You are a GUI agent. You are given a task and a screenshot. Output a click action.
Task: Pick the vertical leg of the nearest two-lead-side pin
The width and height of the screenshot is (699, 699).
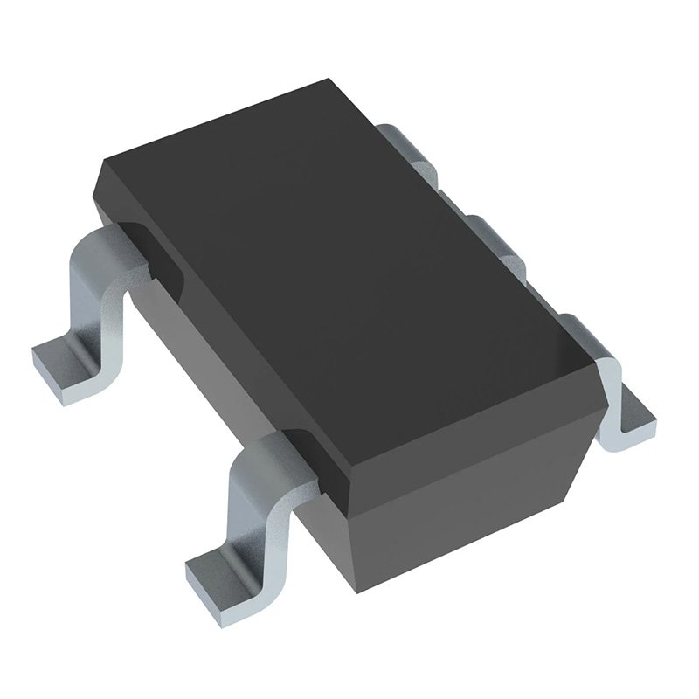249,507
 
